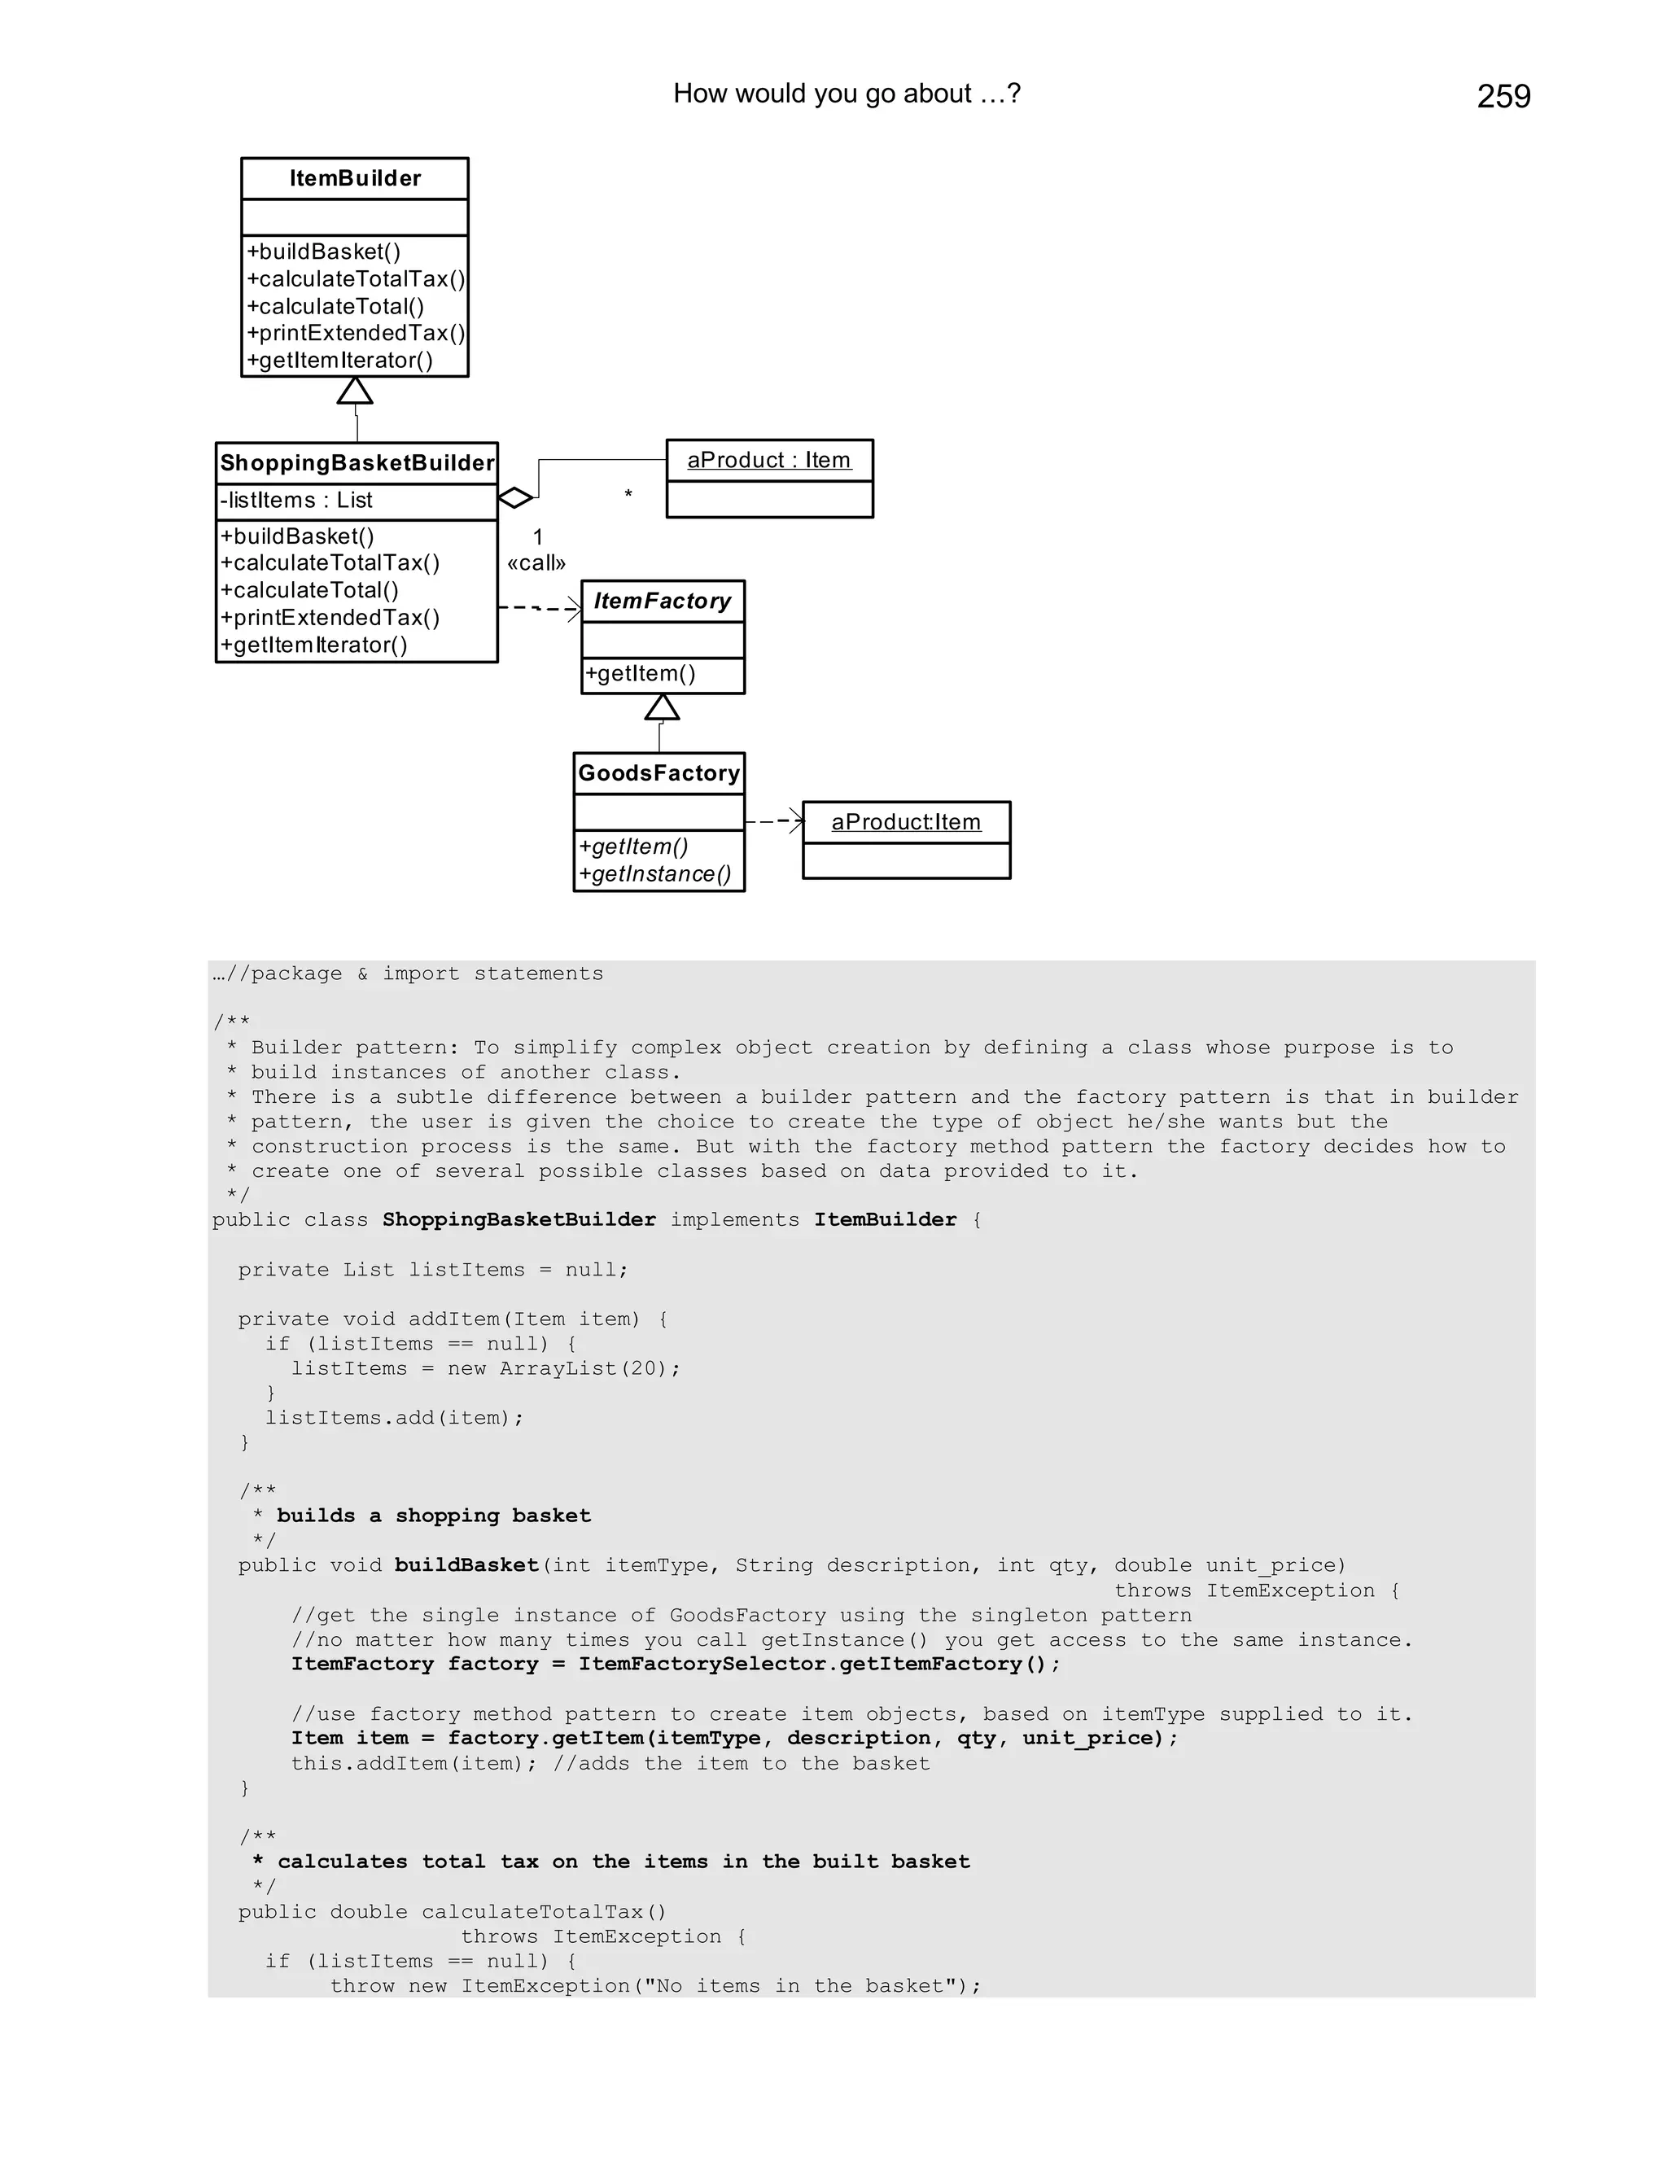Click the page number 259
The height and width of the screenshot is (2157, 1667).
tap(1503, 97)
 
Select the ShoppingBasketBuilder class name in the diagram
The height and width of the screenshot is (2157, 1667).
tap(357, 463)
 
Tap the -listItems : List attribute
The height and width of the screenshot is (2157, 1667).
tap(296, 501)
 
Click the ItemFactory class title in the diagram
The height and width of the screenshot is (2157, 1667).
tap(662, 602)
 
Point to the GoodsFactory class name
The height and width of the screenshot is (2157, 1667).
tap(658, 773)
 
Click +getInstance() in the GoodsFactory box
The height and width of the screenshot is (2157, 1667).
tap(654, 874)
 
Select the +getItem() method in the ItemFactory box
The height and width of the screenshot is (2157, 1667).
tap(641, 674)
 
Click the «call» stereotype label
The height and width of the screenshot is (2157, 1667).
tap(536, 564)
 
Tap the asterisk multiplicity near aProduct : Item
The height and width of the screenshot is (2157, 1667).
tap(628, 494)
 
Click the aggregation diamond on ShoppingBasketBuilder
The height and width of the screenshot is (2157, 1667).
tap(514, 498)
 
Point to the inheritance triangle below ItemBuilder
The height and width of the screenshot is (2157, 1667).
tap(355, 391)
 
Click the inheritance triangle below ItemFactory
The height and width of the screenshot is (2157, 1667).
tap(662, 707)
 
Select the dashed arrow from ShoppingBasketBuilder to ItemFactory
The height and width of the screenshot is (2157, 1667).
tap(539, 608)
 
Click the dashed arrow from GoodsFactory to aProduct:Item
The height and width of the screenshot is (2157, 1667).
tap(774, 820)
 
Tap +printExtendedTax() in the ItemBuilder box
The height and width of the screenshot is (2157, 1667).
tap(356, 334)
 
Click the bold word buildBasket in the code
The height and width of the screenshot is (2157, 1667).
tap(466, 1565)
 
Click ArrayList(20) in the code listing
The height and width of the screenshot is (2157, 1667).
tap(589, 1369)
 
